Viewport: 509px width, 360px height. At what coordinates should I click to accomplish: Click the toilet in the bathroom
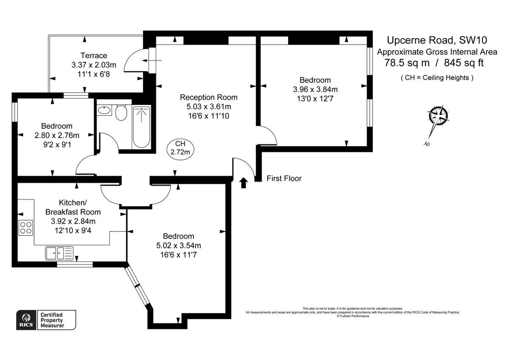[121, 113]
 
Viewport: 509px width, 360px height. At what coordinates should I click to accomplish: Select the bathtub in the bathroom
[141, 127]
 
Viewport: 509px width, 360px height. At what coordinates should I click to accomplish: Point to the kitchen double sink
[59, 253]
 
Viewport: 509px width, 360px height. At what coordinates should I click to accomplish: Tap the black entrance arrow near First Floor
[243, 183]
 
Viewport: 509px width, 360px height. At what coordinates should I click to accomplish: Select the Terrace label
[94, 56]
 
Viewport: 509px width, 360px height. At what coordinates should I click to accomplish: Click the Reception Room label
[208, 97]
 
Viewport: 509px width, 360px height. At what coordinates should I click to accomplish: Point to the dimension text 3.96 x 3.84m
[315, 90]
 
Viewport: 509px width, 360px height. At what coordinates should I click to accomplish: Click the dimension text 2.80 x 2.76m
[56, 135]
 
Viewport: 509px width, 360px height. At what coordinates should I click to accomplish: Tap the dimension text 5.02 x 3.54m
[179, 245]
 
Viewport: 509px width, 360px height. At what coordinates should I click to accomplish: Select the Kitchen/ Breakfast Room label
[73, 207]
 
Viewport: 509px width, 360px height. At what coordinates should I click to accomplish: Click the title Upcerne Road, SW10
[436, 40]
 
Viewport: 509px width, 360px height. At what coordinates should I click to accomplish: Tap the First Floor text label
[284, 178]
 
